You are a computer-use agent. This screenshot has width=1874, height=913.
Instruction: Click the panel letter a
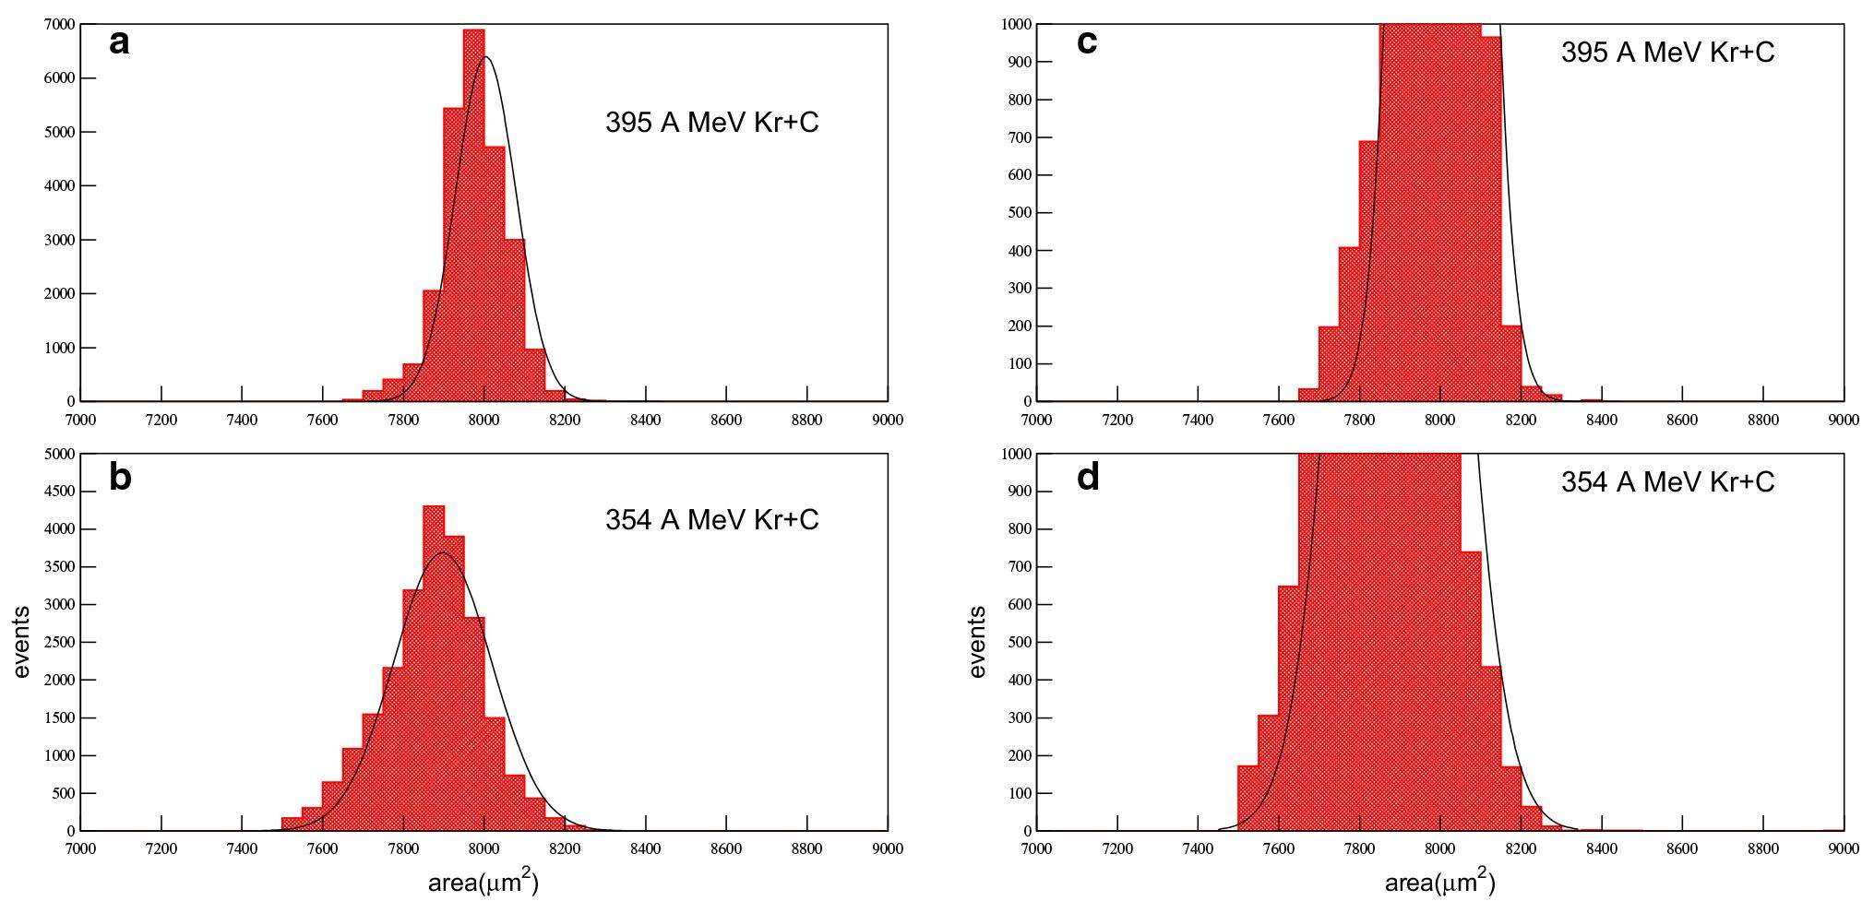(119, 42)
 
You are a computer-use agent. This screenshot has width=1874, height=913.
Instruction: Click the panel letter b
(120, 477)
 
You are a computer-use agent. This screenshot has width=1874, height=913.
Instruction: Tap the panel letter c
(1087, 41)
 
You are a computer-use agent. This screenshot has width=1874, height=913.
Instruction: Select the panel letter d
(1088, 477)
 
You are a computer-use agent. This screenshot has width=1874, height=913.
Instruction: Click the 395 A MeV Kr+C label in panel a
(711, 122)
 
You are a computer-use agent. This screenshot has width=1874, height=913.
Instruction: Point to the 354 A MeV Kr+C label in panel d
(1667, 481)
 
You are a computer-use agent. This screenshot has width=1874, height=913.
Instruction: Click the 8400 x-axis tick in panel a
(645, 421)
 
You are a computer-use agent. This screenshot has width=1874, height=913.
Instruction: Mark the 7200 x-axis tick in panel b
(161, 849)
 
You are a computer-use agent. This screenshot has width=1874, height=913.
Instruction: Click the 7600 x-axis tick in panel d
(1279, 849)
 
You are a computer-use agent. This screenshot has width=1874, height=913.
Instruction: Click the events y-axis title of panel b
(22, 642)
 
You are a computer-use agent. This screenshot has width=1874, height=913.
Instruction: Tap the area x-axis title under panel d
(1439, 883)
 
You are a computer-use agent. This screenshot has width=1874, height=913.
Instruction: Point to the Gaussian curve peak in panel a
(486, 57)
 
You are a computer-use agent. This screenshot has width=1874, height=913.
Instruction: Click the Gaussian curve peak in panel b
(444, 552)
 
